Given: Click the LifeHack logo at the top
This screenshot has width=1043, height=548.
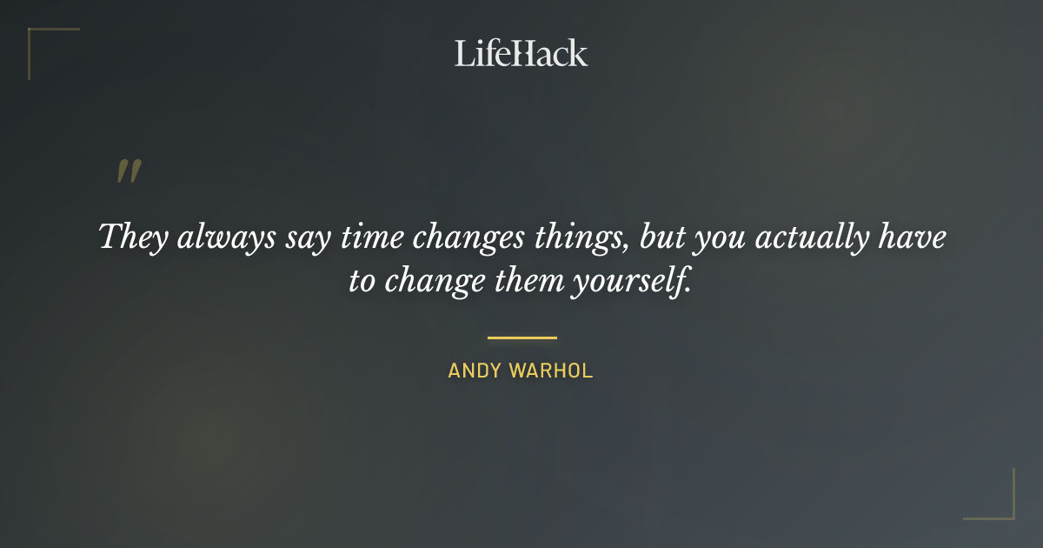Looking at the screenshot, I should [521, 53].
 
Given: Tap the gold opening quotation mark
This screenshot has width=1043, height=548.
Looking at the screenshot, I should [129, 171].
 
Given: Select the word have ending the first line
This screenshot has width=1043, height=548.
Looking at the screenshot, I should [915, 237].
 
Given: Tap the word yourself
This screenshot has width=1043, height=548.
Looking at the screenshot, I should [632, 282].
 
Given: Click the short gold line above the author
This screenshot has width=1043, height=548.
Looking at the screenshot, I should [521, 337].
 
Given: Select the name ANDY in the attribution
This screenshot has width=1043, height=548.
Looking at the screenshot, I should [475, 371].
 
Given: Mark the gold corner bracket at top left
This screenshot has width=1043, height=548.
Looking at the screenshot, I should [39, 39].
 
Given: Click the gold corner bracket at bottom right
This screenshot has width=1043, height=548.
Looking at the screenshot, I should [1003, 509].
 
